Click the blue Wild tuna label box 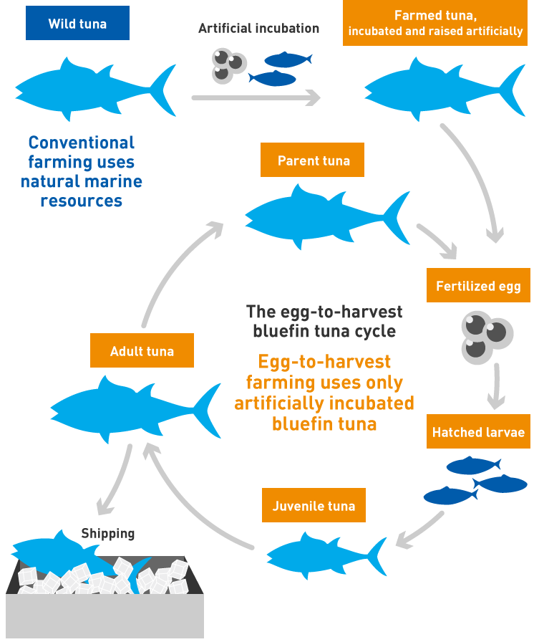pyautogui.click(x=77, y=24)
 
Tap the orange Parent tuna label pyautogui.click(x=313, y=160)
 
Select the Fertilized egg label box pyautogui.click(x=478, y=286)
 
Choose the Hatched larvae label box pyautogui.click(x=478, y=432)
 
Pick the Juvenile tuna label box pyautogui.click(x=314, y=506)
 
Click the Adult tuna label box pyautogui.click(x=142, y=351)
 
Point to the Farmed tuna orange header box pyautogui.click(x=435, y=23)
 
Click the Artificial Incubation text pyautogui.click(x=258, y=29)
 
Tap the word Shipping pyautogui.click(x=107, y=533)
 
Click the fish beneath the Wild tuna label pyautogui.click(x=93, y=90)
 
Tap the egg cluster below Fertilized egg pyautogui.click(x=486, y=335)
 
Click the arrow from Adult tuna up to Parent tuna pyautogui.click(x=172, y=272)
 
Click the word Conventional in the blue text pyautogui.click(x=81, y=143)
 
